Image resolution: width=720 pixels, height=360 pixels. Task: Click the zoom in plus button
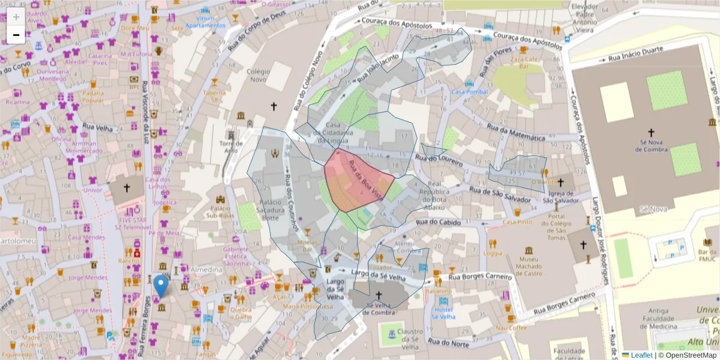tap(16, 17)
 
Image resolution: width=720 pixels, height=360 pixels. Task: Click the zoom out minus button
tap(16, 35)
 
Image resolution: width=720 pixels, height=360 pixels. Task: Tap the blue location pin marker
tap(160, 286)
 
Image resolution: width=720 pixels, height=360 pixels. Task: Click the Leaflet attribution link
tap(641, 355)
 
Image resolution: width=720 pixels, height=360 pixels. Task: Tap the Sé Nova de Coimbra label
tap(651, 144)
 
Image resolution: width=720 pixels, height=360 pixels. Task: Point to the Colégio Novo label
tap(258, 76)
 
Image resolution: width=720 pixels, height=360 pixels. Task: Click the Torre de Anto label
tap(231, 147)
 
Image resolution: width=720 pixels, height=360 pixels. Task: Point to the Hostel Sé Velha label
tap(443, 313)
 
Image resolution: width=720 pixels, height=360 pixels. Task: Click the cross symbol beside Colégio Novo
tap(274, 107)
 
